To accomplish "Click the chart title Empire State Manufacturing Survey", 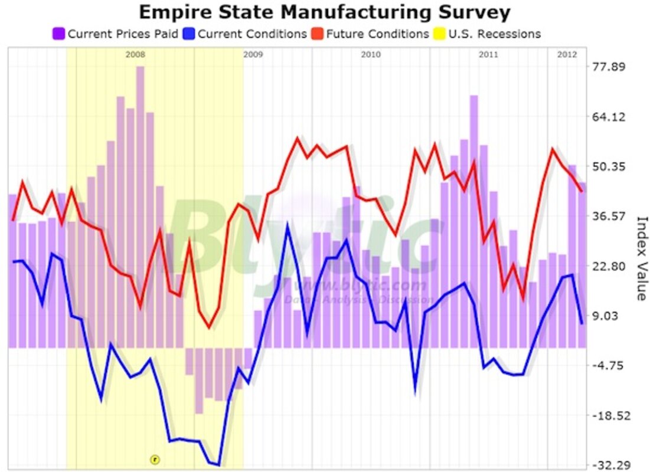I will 325,12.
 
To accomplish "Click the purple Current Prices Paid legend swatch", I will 58,34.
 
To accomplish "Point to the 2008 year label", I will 135,55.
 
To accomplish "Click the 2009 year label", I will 253,55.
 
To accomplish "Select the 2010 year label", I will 370,55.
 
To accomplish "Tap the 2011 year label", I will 488,55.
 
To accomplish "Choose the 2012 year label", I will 567,55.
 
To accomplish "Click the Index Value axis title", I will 641,258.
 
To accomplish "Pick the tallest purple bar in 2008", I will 140,206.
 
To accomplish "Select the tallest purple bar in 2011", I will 473,221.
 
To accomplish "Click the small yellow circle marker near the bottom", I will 155,458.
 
